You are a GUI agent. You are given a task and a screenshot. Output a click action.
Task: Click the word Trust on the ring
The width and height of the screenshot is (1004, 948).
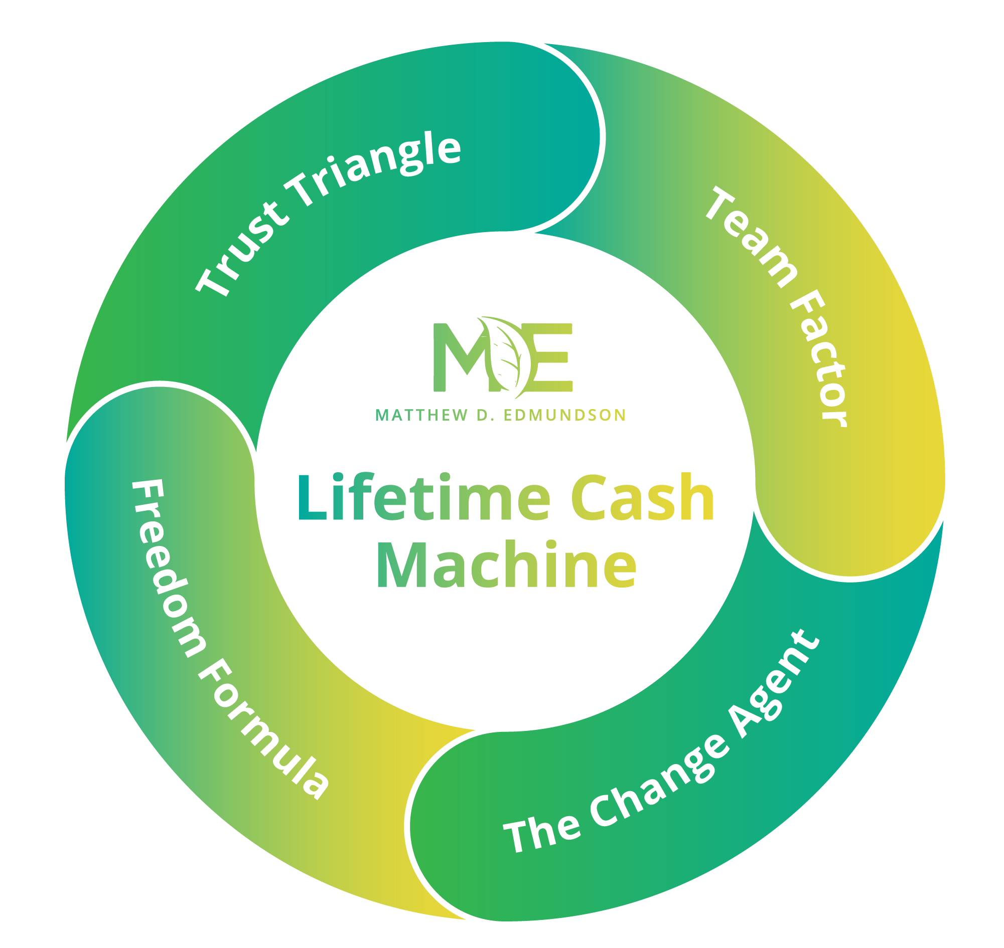point(242,250)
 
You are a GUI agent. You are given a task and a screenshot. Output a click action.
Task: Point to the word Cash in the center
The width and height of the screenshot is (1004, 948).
point(642,498)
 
